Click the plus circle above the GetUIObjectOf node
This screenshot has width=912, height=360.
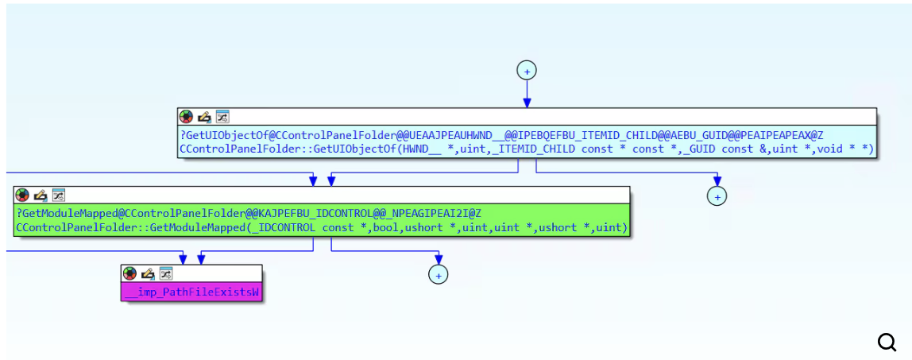pos(526,70)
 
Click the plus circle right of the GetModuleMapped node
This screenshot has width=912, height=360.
pos(717,195)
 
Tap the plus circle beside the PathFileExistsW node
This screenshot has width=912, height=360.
pos(438,274)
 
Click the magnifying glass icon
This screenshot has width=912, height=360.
pos(887,342)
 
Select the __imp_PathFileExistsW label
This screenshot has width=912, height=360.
pos(191,292)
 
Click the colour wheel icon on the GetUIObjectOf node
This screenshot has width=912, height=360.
pos(186,117)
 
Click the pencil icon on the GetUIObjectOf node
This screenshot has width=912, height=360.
pos(204,117)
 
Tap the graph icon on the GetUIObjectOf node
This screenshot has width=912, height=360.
pos(222,117)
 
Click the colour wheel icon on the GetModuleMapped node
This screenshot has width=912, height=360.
pos(22,195)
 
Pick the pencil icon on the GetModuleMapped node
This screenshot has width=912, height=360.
pos(41,195)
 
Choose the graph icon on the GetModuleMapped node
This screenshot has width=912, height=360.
pos(59,195)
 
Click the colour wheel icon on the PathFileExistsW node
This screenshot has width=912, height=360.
pos(129,273)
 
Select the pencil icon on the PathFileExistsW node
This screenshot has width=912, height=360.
pos(148,273)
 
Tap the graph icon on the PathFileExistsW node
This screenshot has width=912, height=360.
pos(166,273)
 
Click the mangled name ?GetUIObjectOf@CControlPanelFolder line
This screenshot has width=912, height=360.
pos(501,135)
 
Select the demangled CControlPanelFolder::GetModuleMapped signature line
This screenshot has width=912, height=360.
pos(321,228)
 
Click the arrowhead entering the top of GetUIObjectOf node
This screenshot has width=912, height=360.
pos(526,103)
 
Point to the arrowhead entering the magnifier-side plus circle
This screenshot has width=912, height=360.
pos(717,182)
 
